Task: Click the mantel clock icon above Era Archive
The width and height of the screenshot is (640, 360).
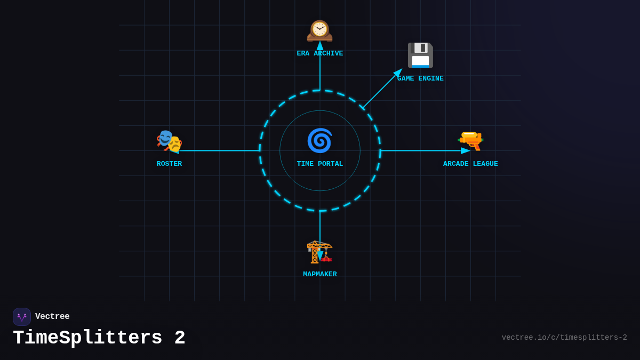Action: pyautogui.click(x=319, y=30)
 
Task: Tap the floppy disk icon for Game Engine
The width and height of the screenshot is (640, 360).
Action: pyautogui.click(x=420, y=55)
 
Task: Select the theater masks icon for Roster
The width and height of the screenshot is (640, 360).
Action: pyautogui.click(x=169, y=141)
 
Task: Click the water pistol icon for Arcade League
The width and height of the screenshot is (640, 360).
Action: pyautogui.click(x=470, y=140)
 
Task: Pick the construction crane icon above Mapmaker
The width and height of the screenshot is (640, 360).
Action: pyautogui.click(x=319, y=251)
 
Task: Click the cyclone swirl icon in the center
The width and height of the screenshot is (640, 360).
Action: pyautogui.click(x=319, y=141)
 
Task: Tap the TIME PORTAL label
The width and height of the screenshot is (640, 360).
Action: pyautogui.click(x=320, y=164)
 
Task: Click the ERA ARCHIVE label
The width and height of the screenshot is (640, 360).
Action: pyautogui.click(x=320, y=54)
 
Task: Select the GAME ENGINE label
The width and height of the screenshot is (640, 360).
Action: pyautogui.click(x=420, y=79)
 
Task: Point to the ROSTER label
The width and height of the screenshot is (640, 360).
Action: pyautogui.click(x=169, y=164)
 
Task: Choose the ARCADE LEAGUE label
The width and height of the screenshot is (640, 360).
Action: pyautogui.click(x=470, y=164)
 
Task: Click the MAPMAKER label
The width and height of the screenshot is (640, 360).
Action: pyautogui.click(x=320, y=275)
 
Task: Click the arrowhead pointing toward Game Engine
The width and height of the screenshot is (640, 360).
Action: pyautogui.click(x=398, y=73)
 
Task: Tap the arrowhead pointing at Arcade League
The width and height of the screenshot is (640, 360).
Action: pyautogui.click(x=466, y=151)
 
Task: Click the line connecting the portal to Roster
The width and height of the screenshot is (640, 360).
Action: pyautogui.click(x=219, y=151)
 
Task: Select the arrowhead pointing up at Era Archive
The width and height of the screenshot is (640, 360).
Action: pyautogui.click(x=320, y=46)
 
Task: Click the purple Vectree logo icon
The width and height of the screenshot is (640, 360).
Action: pyautogui.click(x=22, y=317)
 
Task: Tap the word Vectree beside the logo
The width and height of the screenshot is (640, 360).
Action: pyautogui.click(x=52, y=317)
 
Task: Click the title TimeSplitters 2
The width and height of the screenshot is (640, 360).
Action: pyautogui.click(x=99, y=338)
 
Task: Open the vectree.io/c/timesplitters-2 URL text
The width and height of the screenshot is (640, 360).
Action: pyautogui.click(x=564, y=338)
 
